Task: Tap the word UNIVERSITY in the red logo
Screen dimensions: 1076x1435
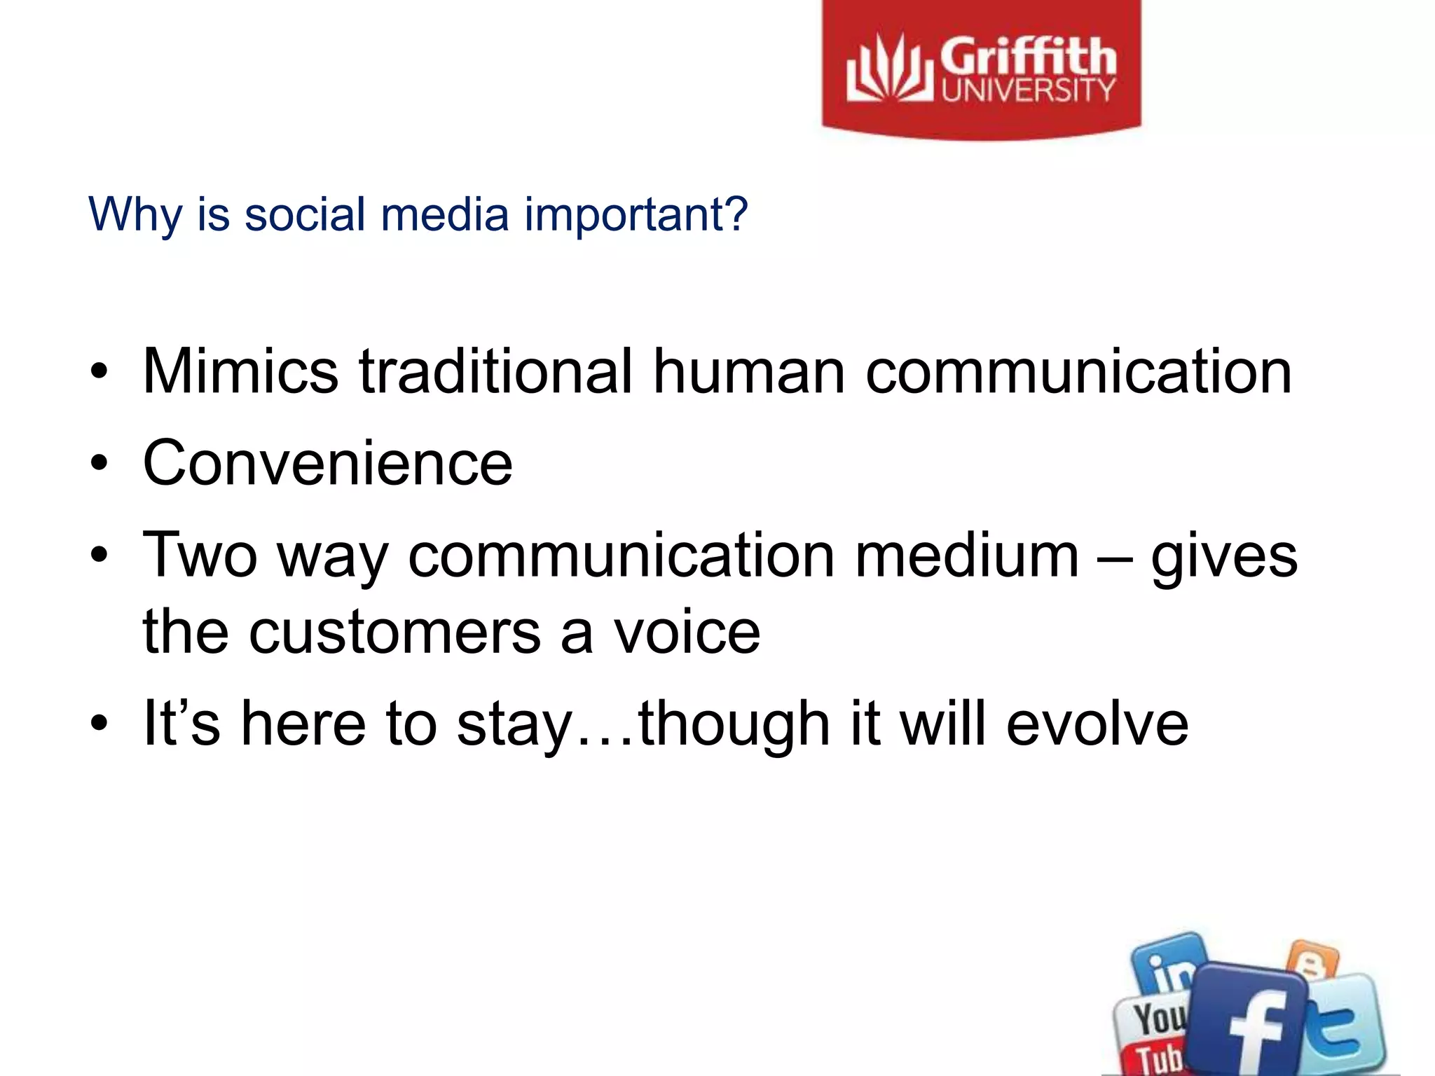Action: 1027,90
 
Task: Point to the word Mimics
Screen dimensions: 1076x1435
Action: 240,371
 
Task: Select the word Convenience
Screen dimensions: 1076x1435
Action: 327,463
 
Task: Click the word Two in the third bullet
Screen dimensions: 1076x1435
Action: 200,555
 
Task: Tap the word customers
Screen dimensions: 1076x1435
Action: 395,633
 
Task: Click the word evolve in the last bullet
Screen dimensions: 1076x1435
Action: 1097,724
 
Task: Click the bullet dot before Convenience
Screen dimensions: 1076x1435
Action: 99,464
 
